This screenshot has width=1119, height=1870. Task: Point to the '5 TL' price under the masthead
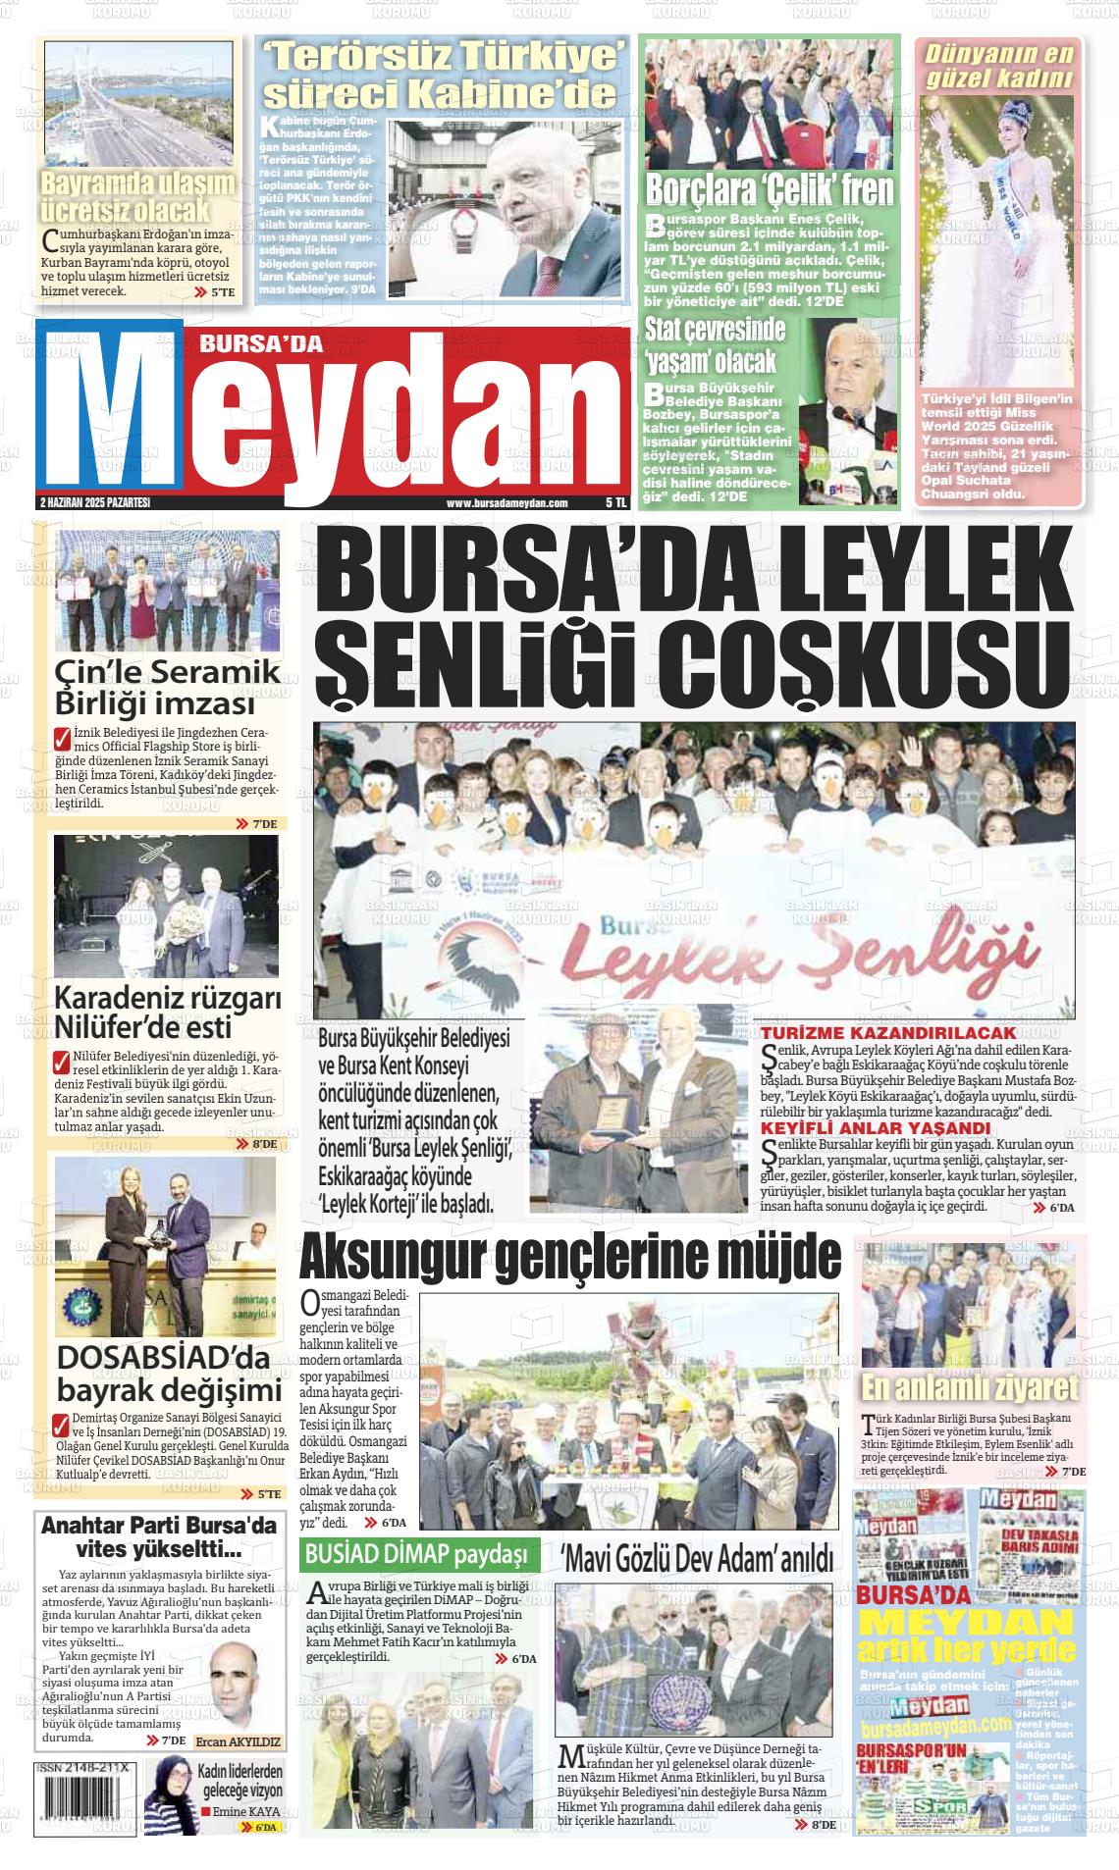click(x=615, y=502)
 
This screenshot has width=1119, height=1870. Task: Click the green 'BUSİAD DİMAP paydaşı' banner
click(x=419, y=1553)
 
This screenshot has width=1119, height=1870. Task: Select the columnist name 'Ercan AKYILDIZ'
click(x=239, y=1742)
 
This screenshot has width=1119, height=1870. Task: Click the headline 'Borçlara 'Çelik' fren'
click(x=769, y=189)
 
